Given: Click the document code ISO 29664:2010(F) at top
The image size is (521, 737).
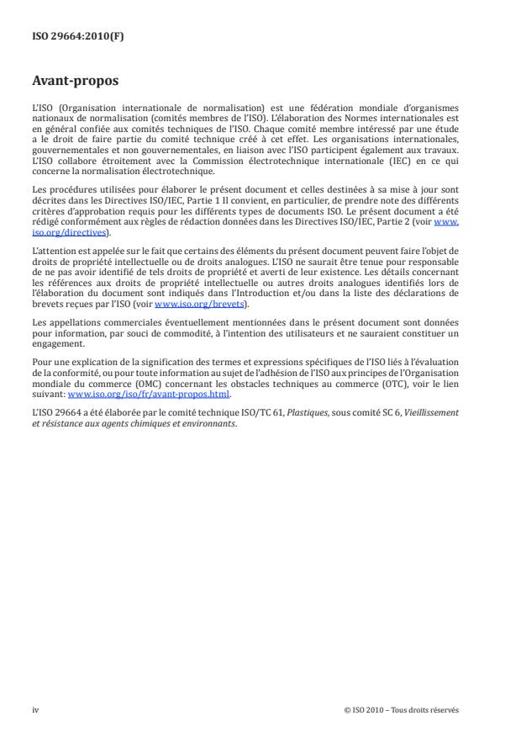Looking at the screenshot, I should tap(67, 37).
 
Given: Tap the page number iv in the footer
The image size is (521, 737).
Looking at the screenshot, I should tap(35, 709).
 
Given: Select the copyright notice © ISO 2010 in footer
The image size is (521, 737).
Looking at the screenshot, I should tap(401, 709).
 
